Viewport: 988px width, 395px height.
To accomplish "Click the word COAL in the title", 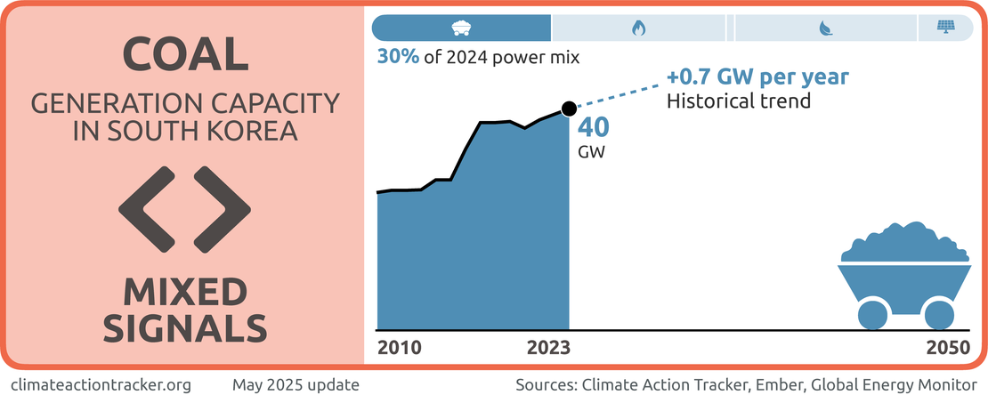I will point(185,55).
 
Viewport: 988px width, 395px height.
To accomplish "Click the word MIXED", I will point(185,293).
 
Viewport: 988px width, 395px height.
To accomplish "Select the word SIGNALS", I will point(185,328).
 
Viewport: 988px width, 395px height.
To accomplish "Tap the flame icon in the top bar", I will point(638,28).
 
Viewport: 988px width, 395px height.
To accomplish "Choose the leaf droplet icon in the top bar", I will point(825,28).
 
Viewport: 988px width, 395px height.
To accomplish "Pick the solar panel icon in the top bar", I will point(945,28).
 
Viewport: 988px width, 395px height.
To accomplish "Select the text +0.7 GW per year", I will point(757,77).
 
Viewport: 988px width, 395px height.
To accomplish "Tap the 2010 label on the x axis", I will point(400,347).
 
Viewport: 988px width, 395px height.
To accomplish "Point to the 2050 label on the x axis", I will point(947,347).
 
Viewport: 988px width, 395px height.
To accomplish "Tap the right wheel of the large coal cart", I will point(938,314).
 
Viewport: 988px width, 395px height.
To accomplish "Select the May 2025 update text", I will point(296,385).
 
